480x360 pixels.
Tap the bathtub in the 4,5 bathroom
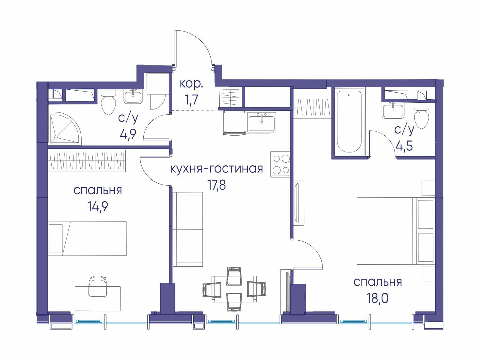tap(349, 122)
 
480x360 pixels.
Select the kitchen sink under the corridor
tap(262, 122)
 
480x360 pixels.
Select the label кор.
tap(191, 84)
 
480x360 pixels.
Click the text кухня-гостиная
tap(217, 169)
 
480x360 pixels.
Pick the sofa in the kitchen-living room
tap(188, 229)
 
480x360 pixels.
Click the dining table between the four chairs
tap(234, 289)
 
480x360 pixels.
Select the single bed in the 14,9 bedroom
tap(87, 239)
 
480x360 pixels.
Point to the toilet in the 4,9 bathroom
tap(109, 101)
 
